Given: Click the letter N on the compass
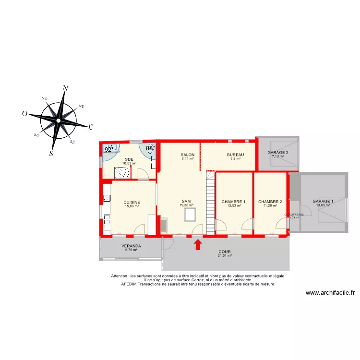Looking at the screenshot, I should tap(65, 88).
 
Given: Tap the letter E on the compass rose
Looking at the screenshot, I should tap(90, 127).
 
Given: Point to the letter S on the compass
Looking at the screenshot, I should tap(51, 154).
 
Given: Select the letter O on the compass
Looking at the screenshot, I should tap(24, 114).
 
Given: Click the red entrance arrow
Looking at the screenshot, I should tap(197, 245).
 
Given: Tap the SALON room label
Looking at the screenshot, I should tap(187, 155).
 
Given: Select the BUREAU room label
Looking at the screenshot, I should tap(236, 155).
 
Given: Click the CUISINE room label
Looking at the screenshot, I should tap(132, 202).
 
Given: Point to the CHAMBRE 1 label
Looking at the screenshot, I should tap(233, 202).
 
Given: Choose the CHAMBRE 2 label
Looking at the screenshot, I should tap(270, 202).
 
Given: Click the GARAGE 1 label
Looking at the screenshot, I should tap(323, 201).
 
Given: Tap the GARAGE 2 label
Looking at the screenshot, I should tap(278, 153).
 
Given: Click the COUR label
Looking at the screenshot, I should tap(225, 252).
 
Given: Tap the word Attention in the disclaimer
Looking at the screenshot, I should tap(120, 276).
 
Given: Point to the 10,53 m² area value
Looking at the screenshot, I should tap(129, 163).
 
